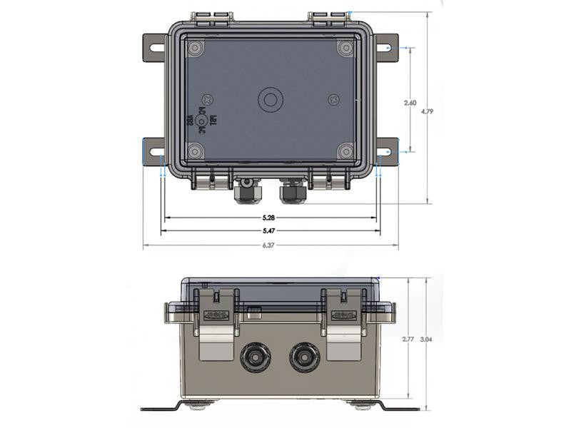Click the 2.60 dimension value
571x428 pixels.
click(x=410, y=103)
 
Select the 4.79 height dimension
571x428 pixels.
click(x=427, y=111)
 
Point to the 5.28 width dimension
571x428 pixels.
click(x=269, y=218)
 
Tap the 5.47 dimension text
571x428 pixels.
click(x=269, y=231)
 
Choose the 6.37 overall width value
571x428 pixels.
click(x=269, y=245)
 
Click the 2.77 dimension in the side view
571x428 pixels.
click(x=407, y=340)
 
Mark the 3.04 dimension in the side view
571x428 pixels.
click(x=426, y=340)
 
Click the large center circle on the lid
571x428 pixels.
click(x=271, y=100)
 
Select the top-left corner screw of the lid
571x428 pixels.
click(x=194, y=49)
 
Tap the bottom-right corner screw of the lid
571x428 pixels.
click(x=345, y=151)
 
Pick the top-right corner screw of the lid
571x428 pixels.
click(x=345, y=49)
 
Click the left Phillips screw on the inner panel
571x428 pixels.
click(x=208, y=100)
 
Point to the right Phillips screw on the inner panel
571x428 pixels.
click(x=333, y=100)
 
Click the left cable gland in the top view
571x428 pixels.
click(x=246, y=191)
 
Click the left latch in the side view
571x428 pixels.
click(x=217, y=321)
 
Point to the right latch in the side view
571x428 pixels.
click(x=343, y=321)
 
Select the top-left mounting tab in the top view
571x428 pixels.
click(x=153, y=48)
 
